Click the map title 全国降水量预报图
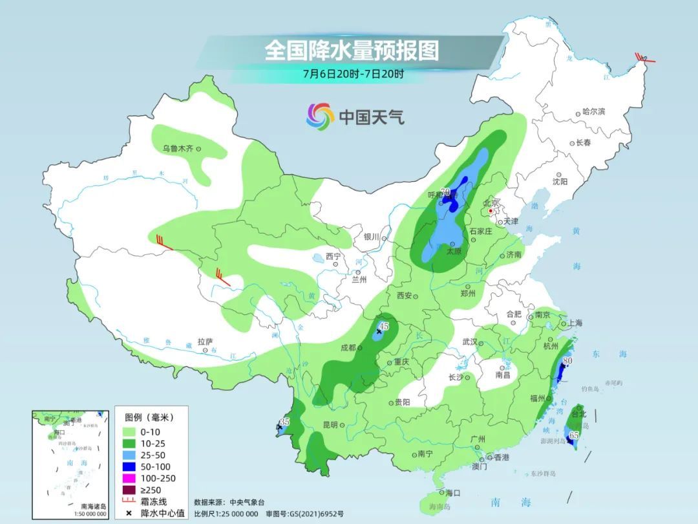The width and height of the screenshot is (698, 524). pyautogui.click(x=352, y=50)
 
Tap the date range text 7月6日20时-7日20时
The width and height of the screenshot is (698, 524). pyautogui.click(x=353, y=74)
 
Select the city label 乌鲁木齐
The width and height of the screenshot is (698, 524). pyautogui.click(x=178, y=149)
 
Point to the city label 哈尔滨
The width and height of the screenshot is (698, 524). pyautogui.click(x=593, y=112)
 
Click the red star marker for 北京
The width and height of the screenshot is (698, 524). pyautogui.click(x=491, y=211)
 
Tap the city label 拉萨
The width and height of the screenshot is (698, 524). pyautogui.click(x=204, y=342)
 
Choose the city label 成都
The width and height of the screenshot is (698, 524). pyautogui.click(x=348, y=347)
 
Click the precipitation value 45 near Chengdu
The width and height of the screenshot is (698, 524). pyautogui.click(x=384, y=326)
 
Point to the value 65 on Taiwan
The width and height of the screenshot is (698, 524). pyautogui.click(x=573, y=436)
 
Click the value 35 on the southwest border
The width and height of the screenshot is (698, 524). pyautogui.click(x=284, y=422)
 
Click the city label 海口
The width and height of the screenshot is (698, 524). pyautogui.click(x=452, y=493)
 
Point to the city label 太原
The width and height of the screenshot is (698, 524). pyautogui.click(x=455, y=251)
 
